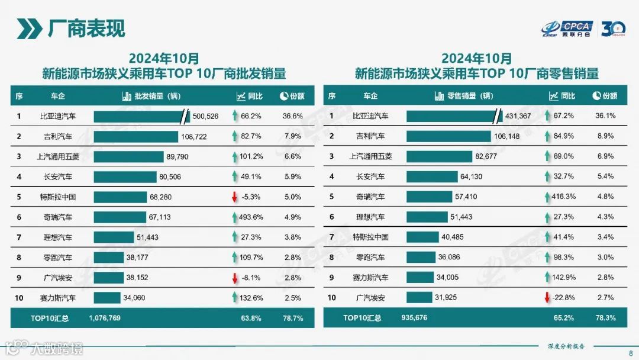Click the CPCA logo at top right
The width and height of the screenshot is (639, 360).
click(x=567, y=28)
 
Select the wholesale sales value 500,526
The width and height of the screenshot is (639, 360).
click(x=205, y=116)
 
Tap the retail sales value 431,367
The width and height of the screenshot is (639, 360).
click(x=518, y=116)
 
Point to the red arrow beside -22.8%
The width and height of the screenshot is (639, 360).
click(x=547, y=297)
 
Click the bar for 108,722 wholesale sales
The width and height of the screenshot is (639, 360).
click(x=135, y=136)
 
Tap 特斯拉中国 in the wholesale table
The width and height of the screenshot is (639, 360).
click(x=57, y=197)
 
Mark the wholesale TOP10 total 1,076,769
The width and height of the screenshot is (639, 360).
click(x=105, y=318)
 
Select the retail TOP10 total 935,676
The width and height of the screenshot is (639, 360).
click(x=417, y=318)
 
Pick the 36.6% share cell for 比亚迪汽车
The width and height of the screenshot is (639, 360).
click(x=293, y=116)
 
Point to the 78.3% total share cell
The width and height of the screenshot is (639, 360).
click(x=605, y=318)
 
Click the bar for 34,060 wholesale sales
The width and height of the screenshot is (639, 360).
click(x=107, y=297)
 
